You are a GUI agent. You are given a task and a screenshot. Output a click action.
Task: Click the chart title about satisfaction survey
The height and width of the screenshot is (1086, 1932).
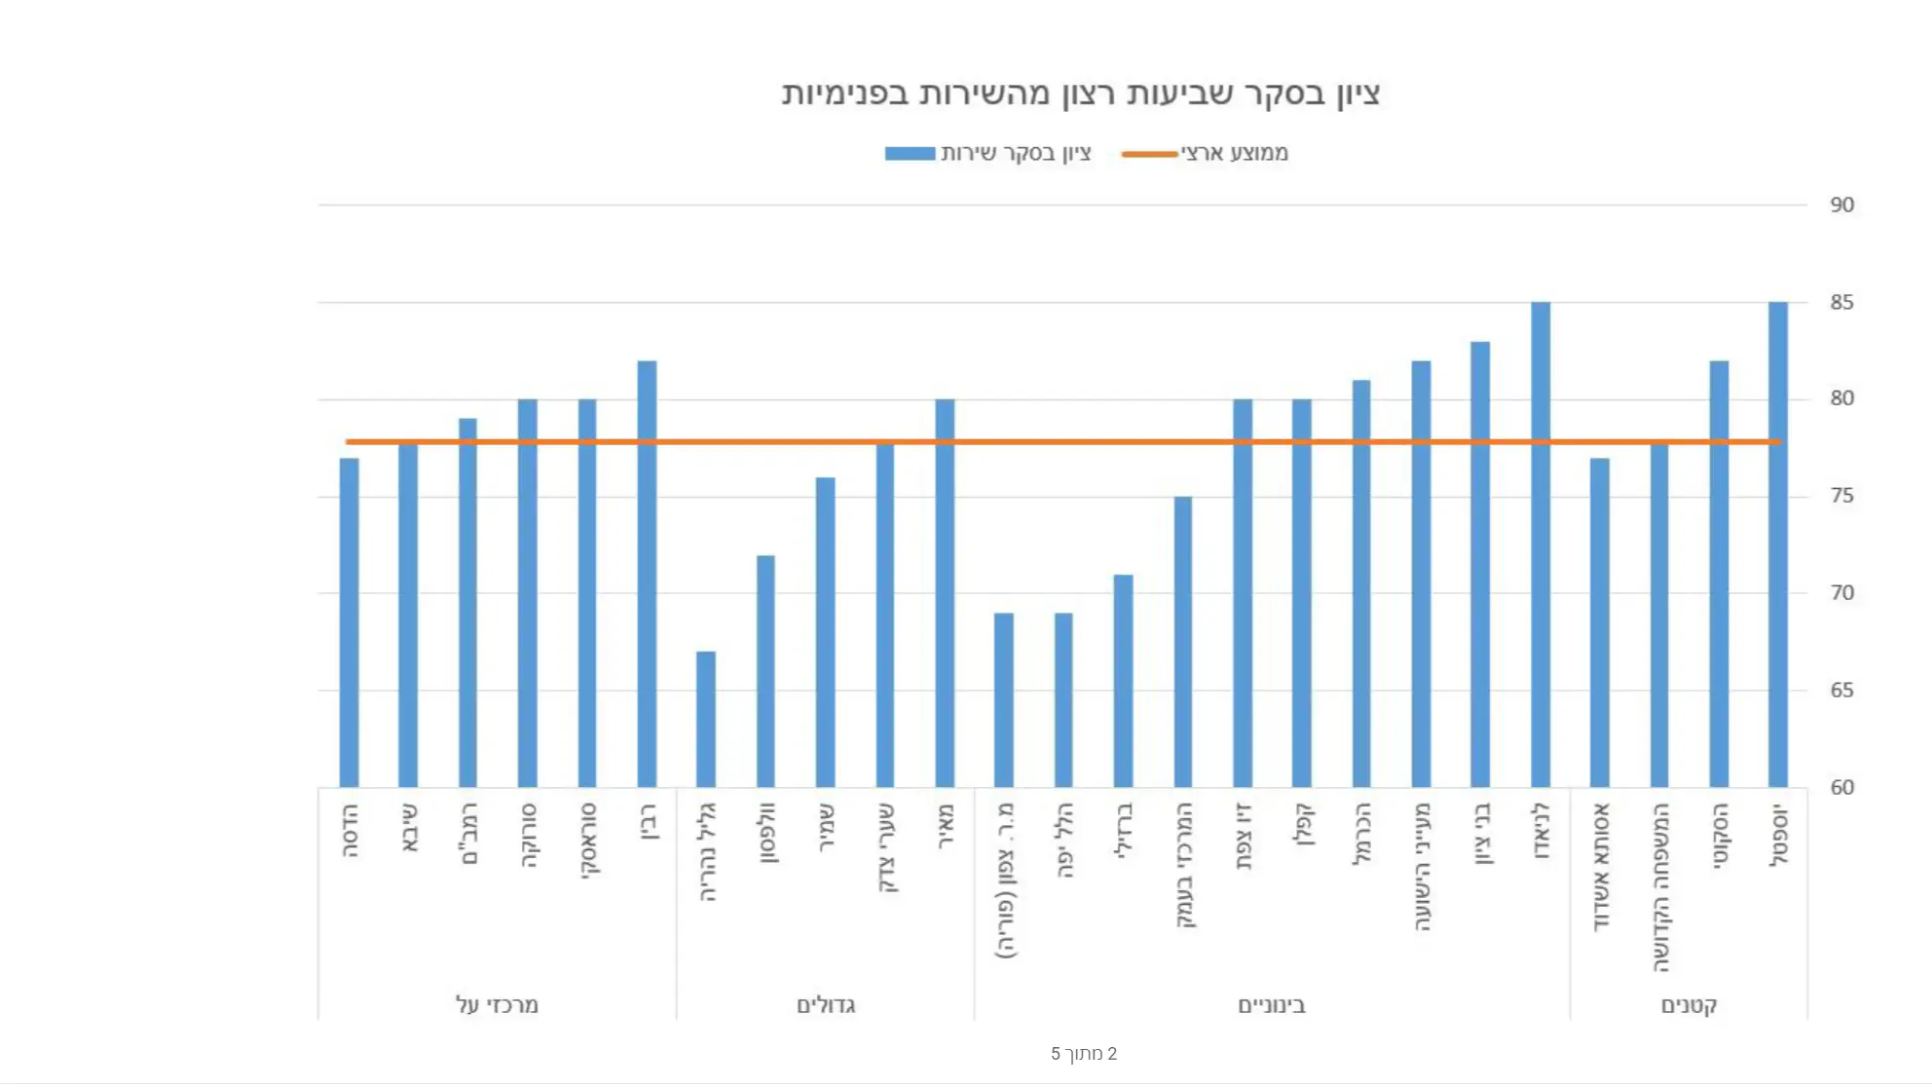(1081, 94)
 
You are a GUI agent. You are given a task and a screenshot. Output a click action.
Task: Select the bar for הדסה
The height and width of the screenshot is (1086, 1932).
(349, 623)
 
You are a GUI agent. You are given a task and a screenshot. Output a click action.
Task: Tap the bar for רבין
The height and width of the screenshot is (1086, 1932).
(647, 575)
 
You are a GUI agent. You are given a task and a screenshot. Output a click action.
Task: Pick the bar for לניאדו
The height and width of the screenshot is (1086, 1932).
(1540, 545)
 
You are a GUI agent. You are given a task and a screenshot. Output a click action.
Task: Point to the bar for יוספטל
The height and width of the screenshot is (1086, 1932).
(1778, 545)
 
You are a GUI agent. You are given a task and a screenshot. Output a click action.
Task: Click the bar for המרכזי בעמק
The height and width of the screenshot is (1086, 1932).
(1182, 643)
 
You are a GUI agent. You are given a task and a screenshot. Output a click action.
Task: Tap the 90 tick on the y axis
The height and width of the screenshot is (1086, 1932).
(1841, 206)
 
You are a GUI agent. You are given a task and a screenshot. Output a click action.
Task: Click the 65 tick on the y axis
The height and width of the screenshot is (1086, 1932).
(1841, 691)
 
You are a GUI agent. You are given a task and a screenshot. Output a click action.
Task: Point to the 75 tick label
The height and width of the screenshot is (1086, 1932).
(1841, 496)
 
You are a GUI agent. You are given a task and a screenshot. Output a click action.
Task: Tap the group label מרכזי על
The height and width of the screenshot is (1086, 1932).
(497, 1005)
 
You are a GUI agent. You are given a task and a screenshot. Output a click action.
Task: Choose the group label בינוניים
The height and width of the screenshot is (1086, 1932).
(1272, 1005)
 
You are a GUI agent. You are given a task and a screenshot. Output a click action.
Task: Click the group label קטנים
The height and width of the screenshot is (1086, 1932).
(1689, 1005)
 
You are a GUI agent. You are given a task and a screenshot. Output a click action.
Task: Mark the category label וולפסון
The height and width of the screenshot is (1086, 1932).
(767, 833)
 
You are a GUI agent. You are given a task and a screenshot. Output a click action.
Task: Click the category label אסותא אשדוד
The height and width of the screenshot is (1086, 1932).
(1601, 867)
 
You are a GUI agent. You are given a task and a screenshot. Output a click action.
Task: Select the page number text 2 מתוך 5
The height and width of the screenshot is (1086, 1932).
(1084, 1054)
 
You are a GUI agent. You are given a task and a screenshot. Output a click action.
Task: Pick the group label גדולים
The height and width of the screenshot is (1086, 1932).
(826, 1005)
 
